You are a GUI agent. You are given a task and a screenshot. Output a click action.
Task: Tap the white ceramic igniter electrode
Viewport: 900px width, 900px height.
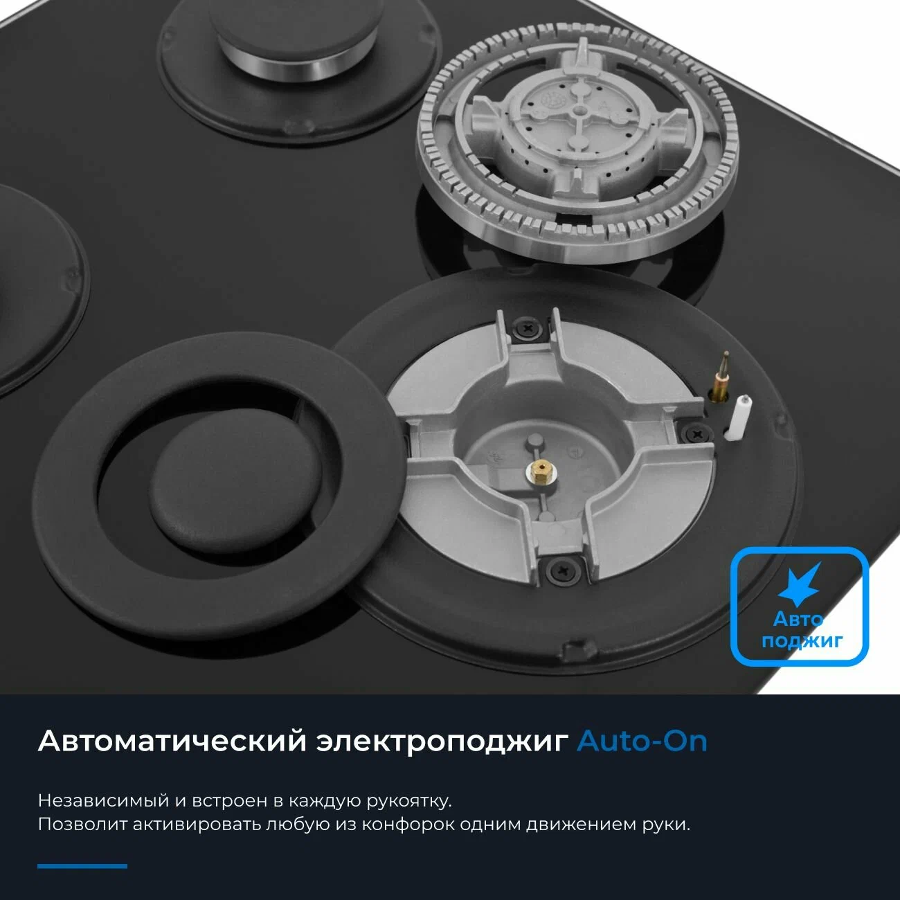click(x=737, y=417)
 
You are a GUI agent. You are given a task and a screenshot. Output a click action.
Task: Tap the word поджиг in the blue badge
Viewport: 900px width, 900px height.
click(x=802, y=640)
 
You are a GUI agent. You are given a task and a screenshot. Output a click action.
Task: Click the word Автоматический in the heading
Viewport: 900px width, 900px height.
click(x=172, y=741)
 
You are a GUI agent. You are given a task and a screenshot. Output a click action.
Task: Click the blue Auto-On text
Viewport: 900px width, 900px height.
click(x=642, y=741)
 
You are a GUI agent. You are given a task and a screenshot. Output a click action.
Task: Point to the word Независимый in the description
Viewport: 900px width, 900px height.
click(x=103, y=800)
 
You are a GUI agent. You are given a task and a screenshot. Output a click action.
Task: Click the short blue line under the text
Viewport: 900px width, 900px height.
click(x=82, y=866)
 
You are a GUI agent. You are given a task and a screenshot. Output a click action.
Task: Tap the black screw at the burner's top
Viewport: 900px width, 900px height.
click(x=528, y=328)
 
